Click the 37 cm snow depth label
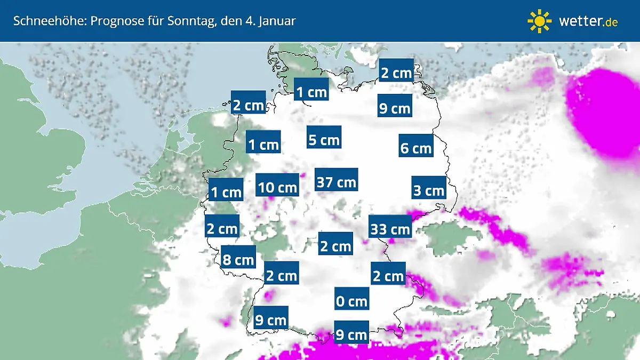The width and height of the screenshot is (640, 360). pyautogui.click(x=336, y=182)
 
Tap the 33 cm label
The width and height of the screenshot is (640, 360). pyautogui.click(x=390, y=229)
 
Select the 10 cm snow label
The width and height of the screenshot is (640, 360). pyautogui.click(x=277, y=188)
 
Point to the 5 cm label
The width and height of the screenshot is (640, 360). pyautogui.click(x=324, y=140)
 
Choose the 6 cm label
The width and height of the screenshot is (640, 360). pyautogui.click(x=415, y=148)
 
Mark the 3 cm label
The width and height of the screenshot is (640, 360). pyautogui.click(x=429, y=190)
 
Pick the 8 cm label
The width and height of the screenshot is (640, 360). pyautogui.click(x=238, y=260)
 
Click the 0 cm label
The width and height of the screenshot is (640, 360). pyautogui.click(x=351, y=301)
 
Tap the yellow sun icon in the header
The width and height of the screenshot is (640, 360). pyautogui.click(x=539, y=21)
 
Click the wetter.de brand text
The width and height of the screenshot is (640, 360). pyautogui.click(x=588, y=21)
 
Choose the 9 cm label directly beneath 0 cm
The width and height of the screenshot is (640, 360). pyautogui.click(x=351, y=335)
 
